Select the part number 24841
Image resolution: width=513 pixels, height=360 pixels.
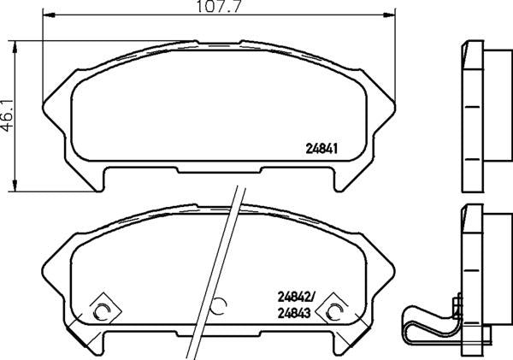[324, 146]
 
